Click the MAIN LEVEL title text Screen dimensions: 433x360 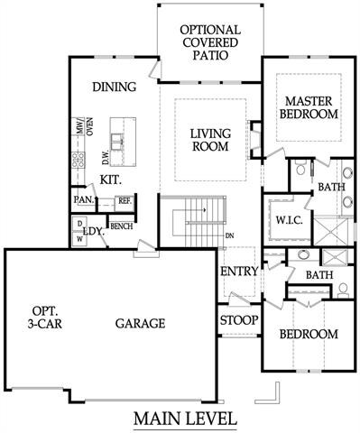(185, 419)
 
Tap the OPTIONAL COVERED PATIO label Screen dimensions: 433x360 (208, 41)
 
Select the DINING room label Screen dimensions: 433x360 (114, 88)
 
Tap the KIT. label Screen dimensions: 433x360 (111, 180)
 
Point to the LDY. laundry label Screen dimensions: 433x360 (94, 231)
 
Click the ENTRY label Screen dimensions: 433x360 (239, 271)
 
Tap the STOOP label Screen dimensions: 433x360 (239, 320)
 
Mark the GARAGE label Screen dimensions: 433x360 (139, 323)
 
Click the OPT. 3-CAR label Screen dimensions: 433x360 (44, 316)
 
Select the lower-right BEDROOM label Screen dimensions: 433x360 (308, 334)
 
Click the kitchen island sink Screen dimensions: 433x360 (119, 139)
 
